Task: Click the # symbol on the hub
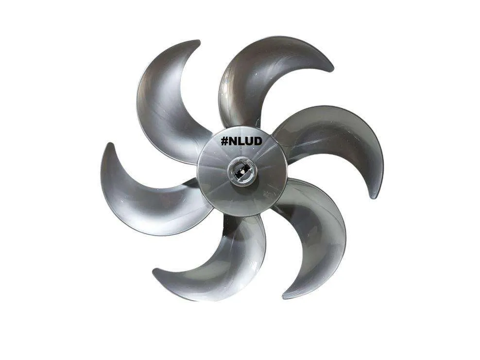click(x=224, y=141)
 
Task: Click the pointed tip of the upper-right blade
click(x=331, y=69)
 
